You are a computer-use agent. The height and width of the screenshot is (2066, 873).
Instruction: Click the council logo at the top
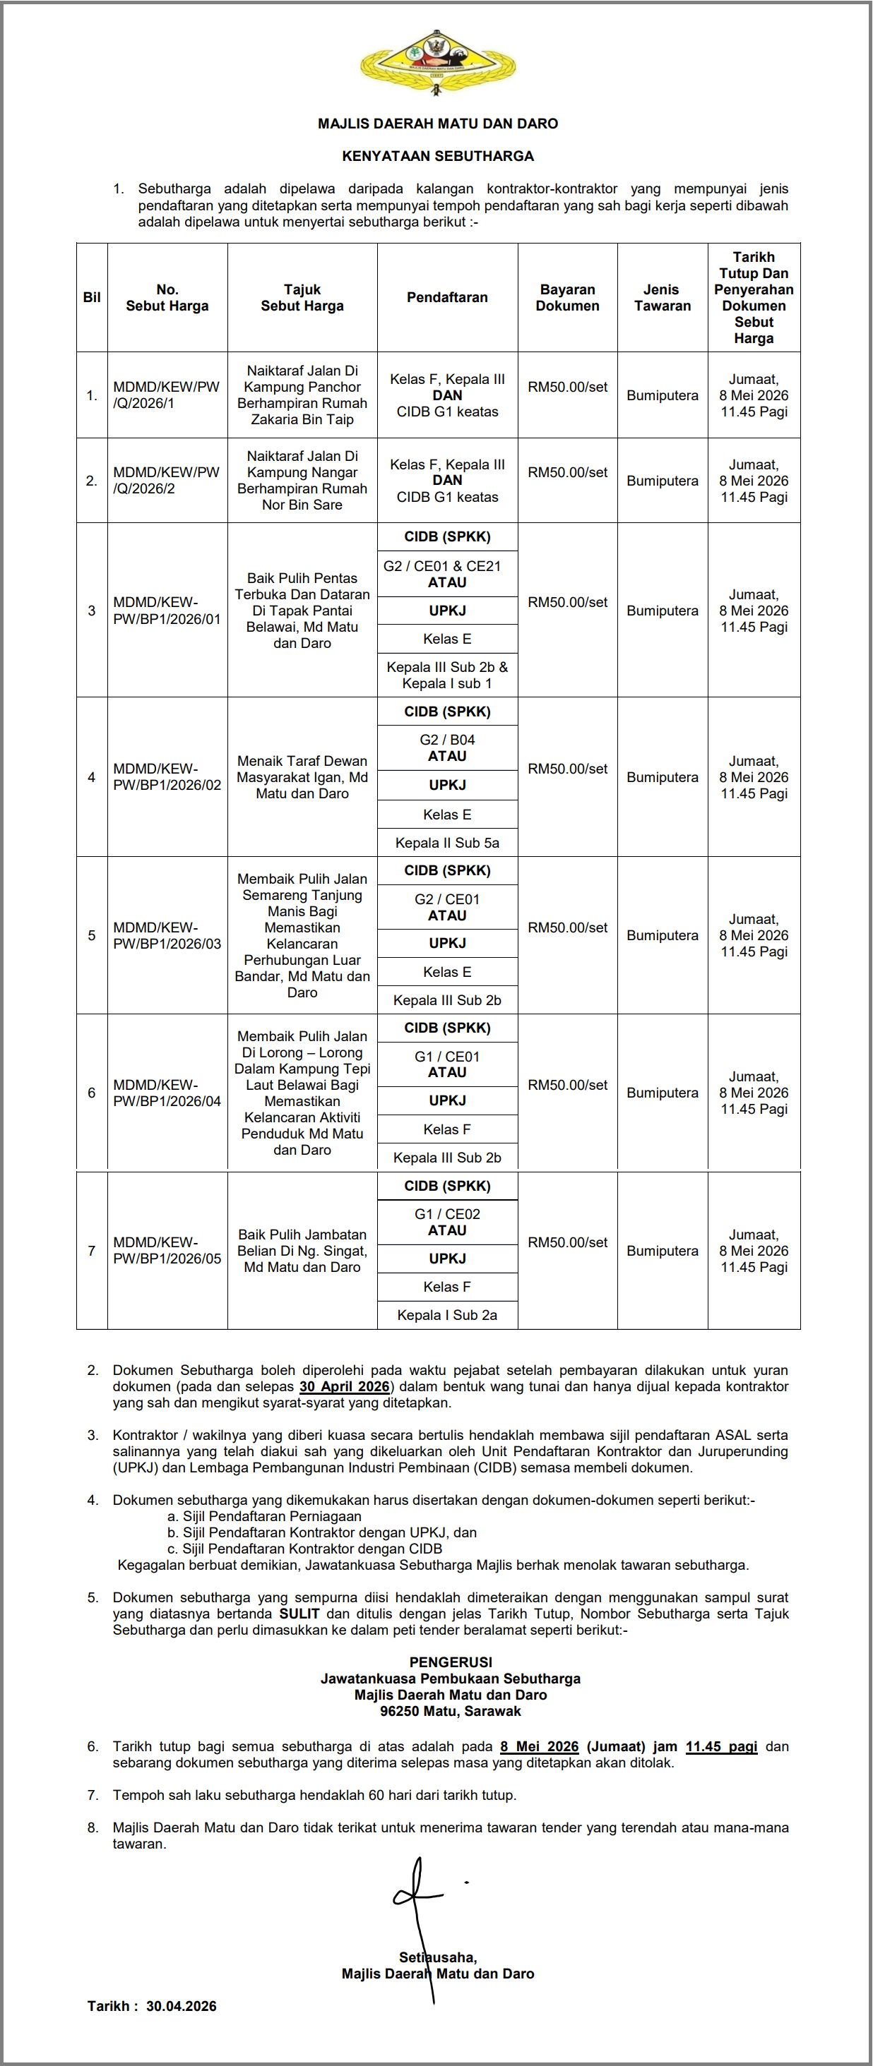coord(437,63)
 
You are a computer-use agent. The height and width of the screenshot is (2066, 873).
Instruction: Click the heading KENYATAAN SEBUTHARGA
coord(437,155)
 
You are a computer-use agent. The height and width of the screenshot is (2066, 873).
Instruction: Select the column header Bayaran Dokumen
coord(567,298)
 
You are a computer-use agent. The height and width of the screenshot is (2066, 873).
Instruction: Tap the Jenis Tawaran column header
coord(662,298)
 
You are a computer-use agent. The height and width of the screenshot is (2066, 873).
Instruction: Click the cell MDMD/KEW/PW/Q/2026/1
coord(166,395)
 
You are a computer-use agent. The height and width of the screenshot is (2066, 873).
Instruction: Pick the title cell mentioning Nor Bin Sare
coord(302,481)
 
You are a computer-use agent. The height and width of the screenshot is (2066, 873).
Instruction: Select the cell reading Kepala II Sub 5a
coord(447,843)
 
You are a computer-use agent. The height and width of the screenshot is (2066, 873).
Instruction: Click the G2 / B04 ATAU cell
coord(447,748)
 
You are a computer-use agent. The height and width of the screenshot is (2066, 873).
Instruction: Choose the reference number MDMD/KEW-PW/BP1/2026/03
coord(166,935)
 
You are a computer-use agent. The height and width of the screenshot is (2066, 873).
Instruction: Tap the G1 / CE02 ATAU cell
coord(447,1223)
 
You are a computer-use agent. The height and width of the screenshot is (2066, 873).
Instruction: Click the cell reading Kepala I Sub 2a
coord(447,1315)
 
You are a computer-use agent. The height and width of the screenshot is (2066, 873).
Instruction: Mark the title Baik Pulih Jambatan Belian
coord(302,1250)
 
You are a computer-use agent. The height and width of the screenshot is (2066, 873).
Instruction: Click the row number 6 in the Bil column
coord(92,1093)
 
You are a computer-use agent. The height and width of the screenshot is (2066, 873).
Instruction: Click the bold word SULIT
coord(299,1614)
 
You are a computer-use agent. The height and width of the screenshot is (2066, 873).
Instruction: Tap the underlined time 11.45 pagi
coord(720,1747)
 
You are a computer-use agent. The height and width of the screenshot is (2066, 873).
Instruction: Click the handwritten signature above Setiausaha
coord(417,1897)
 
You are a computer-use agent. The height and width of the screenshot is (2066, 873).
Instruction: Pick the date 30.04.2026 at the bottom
coord(182,2006)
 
